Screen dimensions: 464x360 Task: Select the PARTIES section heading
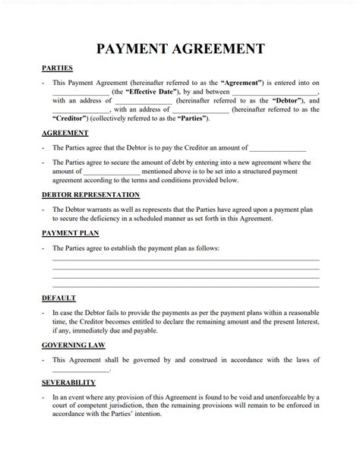point(57,68)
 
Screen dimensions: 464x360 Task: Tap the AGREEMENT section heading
point(65,134)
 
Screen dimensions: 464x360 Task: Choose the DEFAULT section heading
point(58,298)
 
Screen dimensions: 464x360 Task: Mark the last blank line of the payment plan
point(185,286)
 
